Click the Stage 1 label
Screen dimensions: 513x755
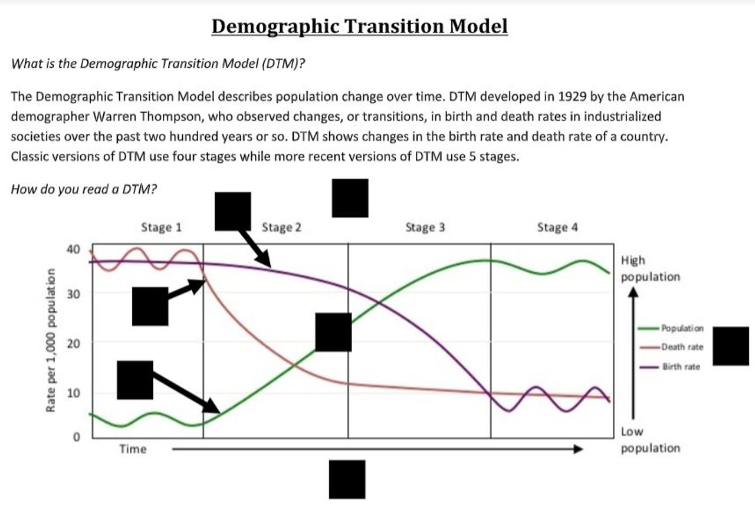tap(161, 227)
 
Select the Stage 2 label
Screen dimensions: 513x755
tap(281, 227)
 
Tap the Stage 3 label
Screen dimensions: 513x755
tap(425, 227)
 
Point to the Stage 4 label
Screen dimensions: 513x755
tap(557, 227)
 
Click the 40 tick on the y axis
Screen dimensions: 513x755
tap(73, 249)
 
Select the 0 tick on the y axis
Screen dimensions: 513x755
tap(75, 438)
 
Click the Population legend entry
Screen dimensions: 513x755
tap(682, 327)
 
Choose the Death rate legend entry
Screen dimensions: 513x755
tap(682, 347)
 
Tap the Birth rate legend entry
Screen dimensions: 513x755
tap(681, 367)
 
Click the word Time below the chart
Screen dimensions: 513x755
tap(133, 449)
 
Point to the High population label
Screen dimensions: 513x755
tap(650, 268)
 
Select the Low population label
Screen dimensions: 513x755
tap(650, 440)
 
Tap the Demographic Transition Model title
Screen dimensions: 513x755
tap(359, 27)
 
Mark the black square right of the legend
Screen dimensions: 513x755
tap(731, 346)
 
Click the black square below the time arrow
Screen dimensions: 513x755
tap(347, 479)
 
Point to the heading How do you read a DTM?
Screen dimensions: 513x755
tap(84, 189)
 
